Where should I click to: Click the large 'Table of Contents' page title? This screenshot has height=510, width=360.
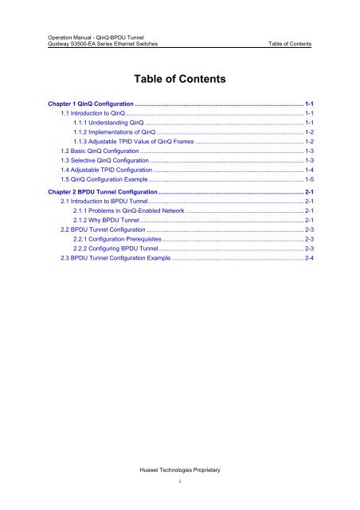click(x=180, y=80)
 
